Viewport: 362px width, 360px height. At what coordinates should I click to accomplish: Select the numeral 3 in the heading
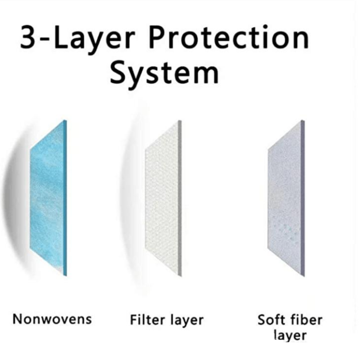click(x=28, y=37)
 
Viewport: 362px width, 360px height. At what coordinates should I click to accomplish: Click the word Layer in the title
click(x=94, y=40)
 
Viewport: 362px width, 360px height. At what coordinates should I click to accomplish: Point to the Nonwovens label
click(x=52, y=319)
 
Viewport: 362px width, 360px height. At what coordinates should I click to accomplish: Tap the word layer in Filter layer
click(x=187, y=321)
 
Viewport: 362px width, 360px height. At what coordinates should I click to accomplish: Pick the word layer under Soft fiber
click(x=291, y=336)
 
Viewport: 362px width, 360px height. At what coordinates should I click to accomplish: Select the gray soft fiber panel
click(x=286, y=198)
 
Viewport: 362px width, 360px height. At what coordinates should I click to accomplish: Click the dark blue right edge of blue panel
click(x=65, y=198)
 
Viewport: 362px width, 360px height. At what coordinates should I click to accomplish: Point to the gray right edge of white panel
click(x=180, y=198)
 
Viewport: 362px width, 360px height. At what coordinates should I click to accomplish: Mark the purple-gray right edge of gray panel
click(x=303, y=198)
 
